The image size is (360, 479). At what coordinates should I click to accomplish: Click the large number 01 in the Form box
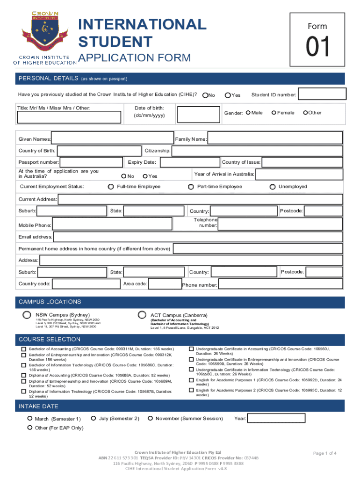pyautogui.click(x=318, y=48)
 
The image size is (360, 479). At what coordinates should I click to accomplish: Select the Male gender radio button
pyautogui.click(x=248, y=112)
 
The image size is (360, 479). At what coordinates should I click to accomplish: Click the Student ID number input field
pyautogui.click(x=321, y=95)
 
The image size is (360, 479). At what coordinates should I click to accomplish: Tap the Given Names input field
pyautogui.click(x=112, y=139)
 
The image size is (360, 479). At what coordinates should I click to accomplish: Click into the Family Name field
pyautogui.click(x=274, y=139)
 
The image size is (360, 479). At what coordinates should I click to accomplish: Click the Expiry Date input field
pyautogui.click(x=189, y=162)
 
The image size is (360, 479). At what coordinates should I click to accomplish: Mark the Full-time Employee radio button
pyautogui.click(x=111, y=187)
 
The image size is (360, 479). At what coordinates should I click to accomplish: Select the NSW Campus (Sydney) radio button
pyautogui.click(x=28, y=315)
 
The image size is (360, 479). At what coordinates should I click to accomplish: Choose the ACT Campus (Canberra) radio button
pyautogui.click(x=142, y=315)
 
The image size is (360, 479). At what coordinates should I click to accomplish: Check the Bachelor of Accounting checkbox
pyautogui.click(x=23, y=349)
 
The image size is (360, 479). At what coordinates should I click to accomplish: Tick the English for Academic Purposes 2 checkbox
pyautogui.click(x=191, y=390)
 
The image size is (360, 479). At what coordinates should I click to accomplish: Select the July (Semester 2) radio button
pyautogui.click(x=94, y=418)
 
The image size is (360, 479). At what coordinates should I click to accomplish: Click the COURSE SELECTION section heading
pyautogui.click(x=49, y=339)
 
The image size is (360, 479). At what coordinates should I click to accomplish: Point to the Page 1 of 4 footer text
pyautogui.click(x=325, y=453)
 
